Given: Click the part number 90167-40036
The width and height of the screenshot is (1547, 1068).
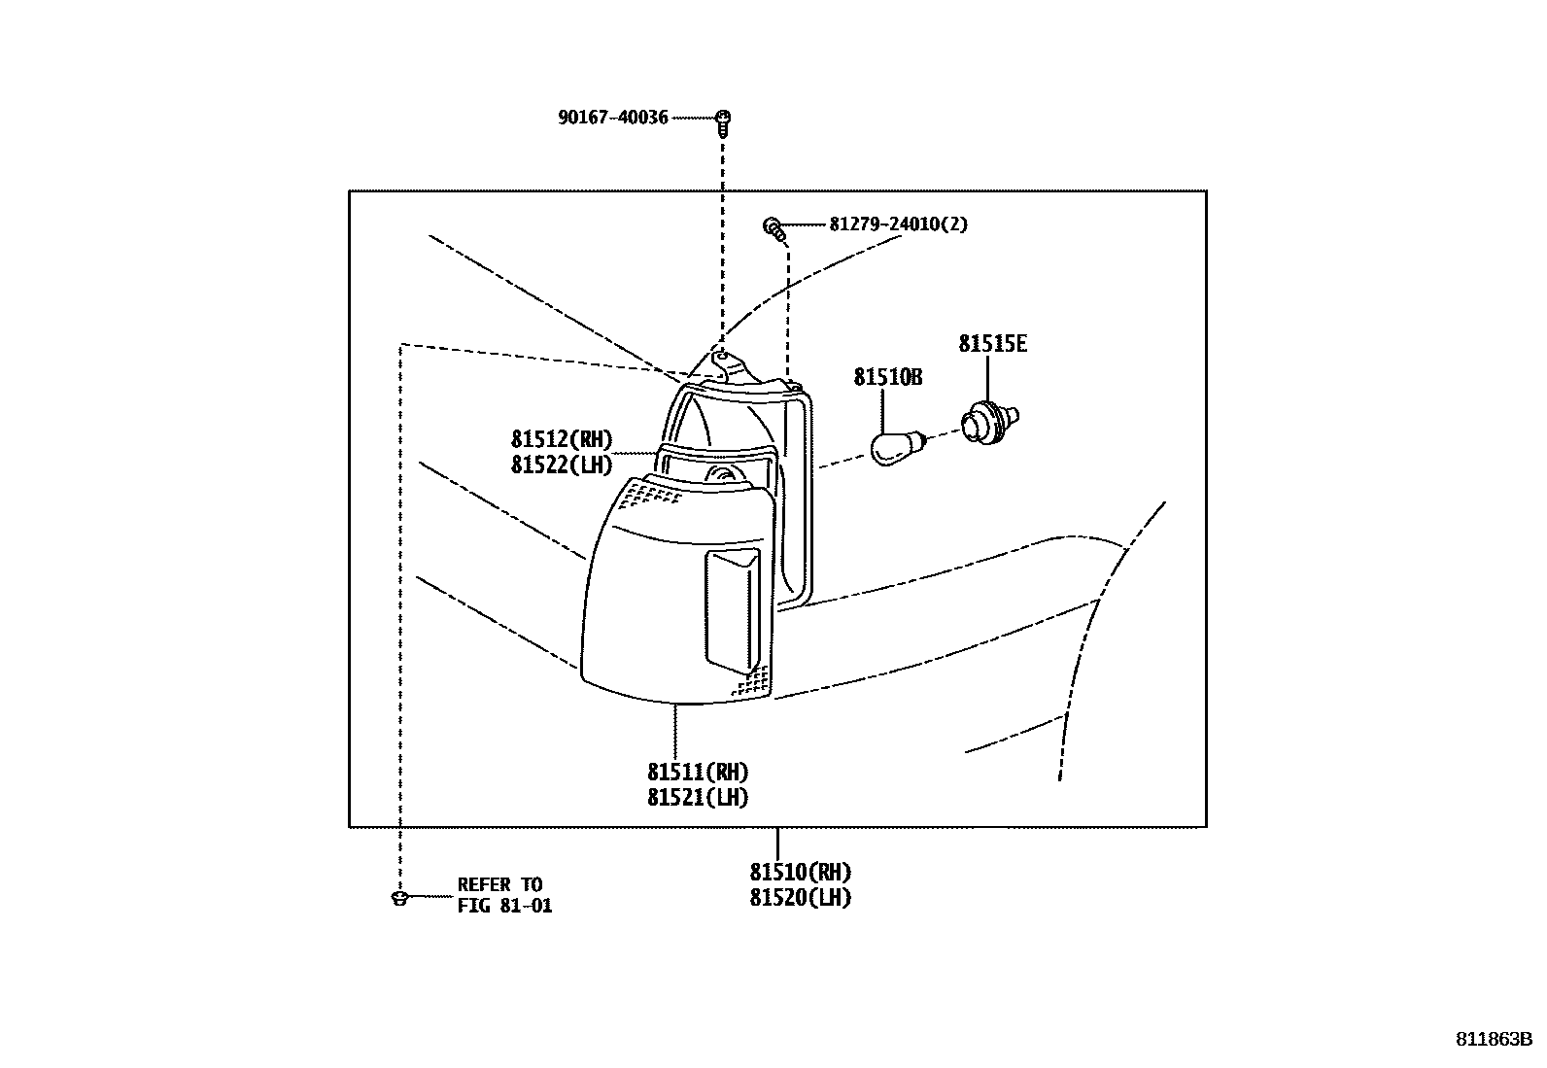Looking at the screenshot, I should coord(612,118).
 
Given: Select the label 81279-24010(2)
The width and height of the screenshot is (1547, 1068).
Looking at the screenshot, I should coord(898,224).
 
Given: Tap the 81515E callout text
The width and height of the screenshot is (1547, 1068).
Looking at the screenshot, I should coord(992,344).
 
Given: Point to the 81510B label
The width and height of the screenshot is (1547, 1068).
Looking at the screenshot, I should coord(887,377).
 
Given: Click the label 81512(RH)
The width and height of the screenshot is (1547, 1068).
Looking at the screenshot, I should coord(562,440).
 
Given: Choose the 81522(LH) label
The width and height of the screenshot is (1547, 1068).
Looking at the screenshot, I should coord(562,465).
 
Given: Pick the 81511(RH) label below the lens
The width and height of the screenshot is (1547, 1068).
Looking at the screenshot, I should coord(698,773).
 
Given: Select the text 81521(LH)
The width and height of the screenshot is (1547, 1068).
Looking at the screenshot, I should coord(698,798).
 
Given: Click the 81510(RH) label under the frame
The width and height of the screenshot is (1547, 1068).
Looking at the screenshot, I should coord(800,873).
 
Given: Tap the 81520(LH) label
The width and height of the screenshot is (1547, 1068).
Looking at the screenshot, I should coord(800,898).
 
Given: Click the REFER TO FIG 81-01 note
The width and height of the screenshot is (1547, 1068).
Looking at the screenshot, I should coord(504,896).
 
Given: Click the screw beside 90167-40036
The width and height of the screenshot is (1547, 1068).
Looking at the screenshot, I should coord(722,120).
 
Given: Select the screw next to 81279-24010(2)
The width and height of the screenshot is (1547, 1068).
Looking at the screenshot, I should coord(774,229).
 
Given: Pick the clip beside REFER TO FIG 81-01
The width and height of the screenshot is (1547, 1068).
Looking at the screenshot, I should coord(398,897).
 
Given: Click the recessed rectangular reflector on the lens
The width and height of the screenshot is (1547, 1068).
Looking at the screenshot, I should coord(731,609).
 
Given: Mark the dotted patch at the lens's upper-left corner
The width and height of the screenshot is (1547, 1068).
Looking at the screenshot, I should coord(649,497).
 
